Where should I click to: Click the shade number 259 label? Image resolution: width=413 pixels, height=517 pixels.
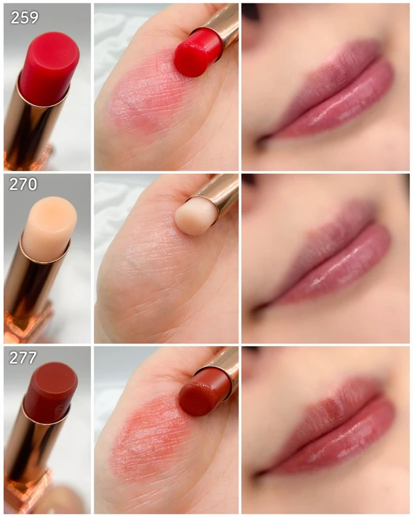(x=24, y=17)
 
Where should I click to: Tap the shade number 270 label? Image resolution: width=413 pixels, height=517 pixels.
(x=23, y=185)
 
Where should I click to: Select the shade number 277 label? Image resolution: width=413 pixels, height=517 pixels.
(x=23, y=358)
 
